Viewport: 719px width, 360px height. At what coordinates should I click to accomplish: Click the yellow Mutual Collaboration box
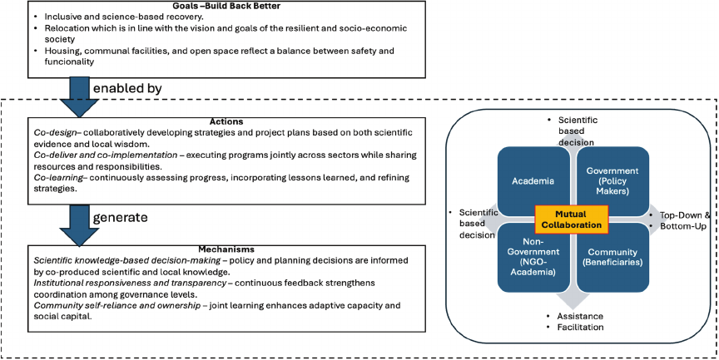click(x=572, y=218)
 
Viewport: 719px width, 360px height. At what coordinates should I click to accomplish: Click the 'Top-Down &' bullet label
click(x=686, y=214)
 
